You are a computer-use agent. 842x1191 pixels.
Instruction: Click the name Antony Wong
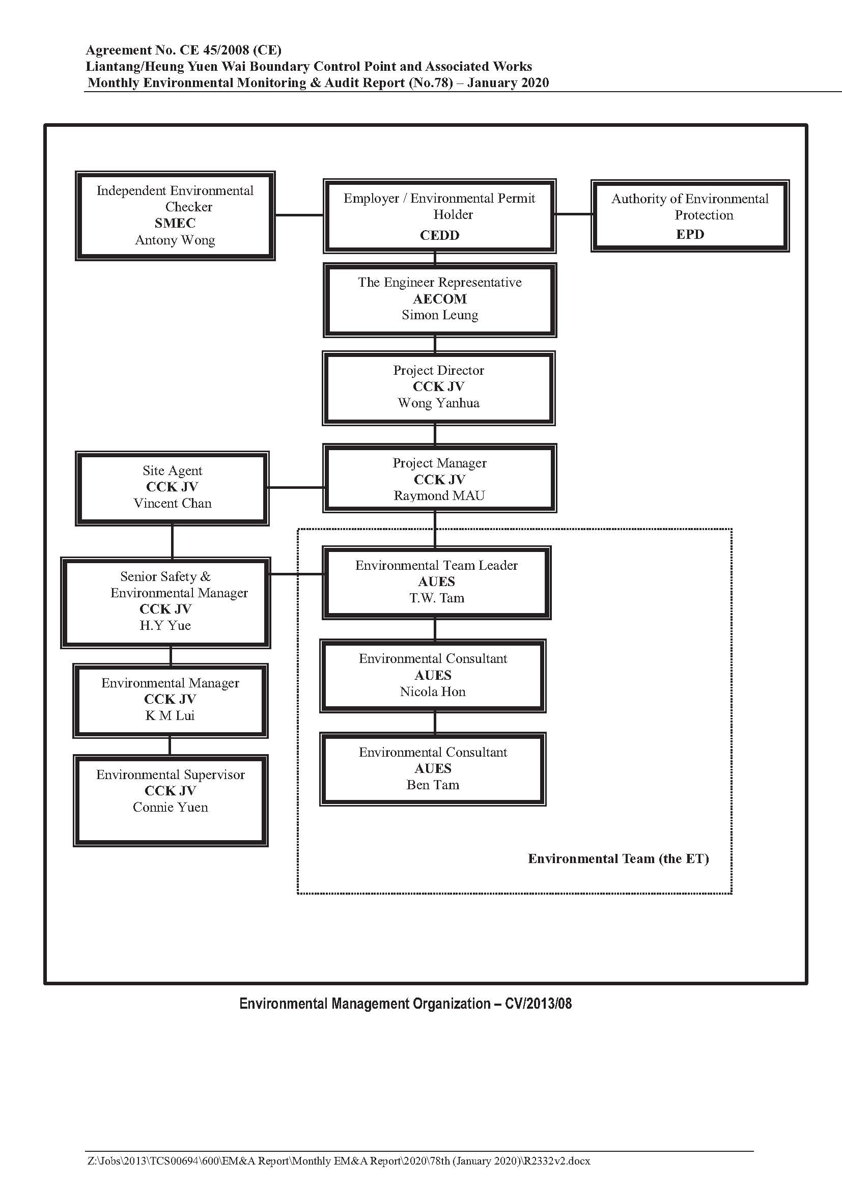click(175, 240)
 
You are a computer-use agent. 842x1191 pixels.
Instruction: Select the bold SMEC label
click(175, 223)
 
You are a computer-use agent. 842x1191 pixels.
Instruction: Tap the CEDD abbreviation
click(440, 236)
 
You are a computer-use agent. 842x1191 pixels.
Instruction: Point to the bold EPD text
click(690, 234)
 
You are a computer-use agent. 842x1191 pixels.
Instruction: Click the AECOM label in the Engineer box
click(440, 299)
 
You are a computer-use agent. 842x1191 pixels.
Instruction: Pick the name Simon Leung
click(440, 315)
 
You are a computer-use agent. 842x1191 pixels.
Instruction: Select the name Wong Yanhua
click(439, 403)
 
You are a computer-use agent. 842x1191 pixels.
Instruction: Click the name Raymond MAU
click(439, 496)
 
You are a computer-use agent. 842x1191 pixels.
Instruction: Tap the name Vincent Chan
click(173, 503)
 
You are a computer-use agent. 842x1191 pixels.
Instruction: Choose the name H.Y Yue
click(165, 626)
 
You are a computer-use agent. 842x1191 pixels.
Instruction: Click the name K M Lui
click(170, 716)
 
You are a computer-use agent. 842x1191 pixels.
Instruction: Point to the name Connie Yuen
click(170, 807)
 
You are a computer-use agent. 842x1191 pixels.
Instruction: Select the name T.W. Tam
click(437, 598)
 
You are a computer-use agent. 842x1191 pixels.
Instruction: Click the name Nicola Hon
click(433, 692)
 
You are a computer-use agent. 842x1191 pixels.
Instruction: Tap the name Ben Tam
click(433, 785)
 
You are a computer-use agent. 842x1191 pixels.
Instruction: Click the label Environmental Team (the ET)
click(619, 859)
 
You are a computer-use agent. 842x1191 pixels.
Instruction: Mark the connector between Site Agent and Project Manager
click(296, 488)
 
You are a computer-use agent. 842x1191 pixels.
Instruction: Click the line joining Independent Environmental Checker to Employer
click(299, 215)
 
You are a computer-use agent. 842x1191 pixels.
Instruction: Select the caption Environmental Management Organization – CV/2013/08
click(405, 1004)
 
